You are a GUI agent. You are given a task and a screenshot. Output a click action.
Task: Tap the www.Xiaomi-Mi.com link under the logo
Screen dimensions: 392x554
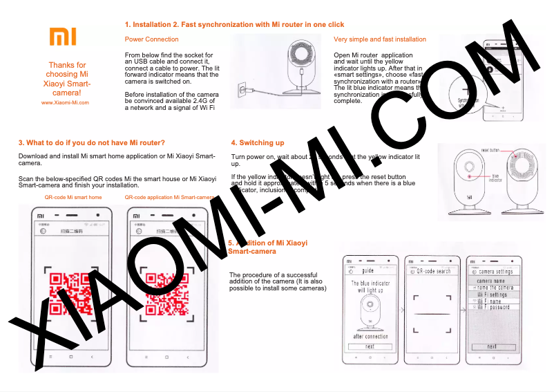65,102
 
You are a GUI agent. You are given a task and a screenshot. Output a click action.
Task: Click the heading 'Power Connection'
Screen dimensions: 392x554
151,39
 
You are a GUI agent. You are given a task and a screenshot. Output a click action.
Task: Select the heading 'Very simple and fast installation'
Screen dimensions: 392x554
379,39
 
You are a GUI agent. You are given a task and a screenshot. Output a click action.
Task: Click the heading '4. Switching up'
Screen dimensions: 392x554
257,143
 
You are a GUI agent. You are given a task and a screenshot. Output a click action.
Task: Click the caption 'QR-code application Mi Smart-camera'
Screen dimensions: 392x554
170,198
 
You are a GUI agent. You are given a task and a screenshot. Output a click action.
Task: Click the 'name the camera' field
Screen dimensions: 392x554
495,288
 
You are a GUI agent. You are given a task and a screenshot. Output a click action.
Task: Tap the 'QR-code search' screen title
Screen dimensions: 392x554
433,272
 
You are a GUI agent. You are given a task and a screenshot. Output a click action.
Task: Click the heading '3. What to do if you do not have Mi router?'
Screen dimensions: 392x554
91,143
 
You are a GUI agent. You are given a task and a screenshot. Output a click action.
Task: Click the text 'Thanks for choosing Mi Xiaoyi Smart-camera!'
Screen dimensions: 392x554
67,78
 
